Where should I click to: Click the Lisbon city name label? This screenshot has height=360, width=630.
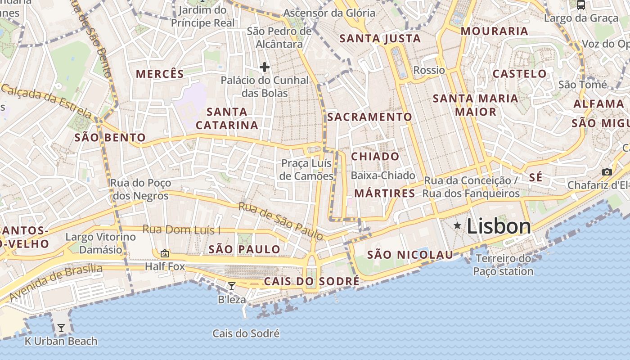(x=499, y=226)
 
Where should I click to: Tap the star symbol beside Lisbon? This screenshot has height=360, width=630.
(x=457, y=225)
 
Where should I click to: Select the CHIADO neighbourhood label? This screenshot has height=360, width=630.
(x=375, y=157)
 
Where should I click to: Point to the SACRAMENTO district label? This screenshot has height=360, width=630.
(x=369, y=117)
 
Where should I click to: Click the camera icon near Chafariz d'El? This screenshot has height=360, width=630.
(x=607, y=172)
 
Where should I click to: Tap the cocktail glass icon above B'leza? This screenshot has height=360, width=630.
(x=232, y=286)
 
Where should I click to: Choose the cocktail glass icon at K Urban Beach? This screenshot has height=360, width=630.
(x=61, y=328)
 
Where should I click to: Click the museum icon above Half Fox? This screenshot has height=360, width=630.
(x=164, y=253)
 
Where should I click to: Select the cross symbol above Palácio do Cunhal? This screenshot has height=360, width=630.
(x=265, y=67)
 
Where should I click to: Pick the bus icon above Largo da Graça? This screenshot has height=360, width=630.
(x=581, y=5)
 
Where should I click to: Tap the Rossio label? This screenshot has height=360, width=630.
(x=429, y=70)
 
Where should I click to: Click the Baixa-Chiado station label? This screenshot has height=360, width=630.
(x=382, y=175)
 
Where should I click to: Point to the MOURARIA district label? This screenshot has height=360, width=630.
(x=494, y=31)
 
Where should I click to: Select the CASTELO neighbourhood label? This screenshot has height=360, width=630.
(x=519, y=74)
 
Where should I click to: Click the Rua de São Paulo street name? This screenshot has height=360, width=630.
(x=280, y=221)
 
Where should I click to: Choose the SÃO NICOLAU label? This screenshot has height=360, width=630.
(x=410, y=255)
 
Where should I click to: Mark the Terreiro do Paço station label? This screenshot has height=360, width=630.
(x=503, y=265)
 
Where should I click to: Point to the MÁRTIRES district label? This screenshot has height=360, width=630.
(x=385, y=193)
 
